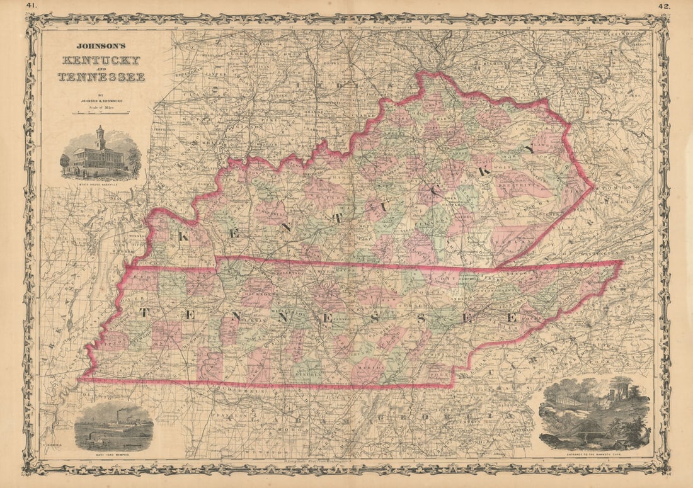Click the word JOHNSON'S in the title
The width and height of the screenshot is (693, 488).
pyautogui.click(x=101, y=46)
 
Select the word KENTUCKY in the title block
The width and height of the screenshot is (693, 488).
pyautogui.click(x=101, y=61)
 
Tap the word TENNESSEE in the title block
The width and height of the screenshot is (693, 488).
pyautogui.click(x=101, y=77)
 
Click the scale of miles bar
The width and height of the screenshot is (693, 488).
pyautogui.click(x=101, y=114)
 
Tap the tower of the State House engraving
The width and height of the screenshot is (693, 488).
pyautogui.click(x=100, y=137)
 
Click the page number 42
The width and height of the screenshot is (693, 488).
pyautogui.click(x=664, y=6)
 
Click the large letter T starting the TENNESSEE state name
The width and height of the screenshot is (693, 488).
pyautogui.click(x=144, y=312)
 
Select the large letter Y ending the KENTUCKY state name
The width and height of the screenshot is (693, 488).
pyautogui.click(x=528, y=149)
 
